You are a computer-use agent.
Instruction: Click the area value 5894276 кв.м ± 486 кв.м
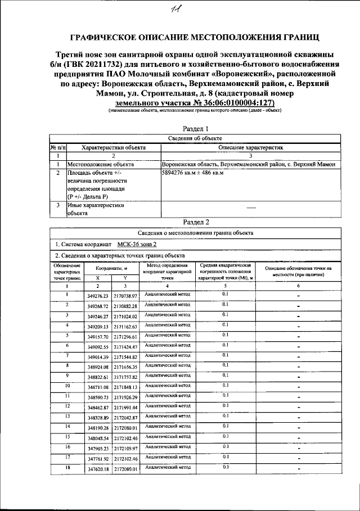click(x=193, y=173)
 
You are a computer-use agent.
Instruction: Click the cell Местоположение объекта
click(x=101, y=165)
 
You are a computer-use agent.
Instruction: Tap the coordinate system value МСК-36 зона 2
click(x=137, y=245)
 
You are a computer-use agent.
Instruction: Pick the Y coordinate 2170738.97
click(x=125, y=296)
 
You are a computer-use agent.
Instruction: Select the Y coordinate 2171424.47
click(x=125, y=347)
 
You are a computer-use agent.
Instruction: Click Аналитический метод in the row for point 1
click(x=168, y=294)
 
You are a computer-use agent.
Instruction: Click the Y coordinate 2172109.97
click(x=125, y=449)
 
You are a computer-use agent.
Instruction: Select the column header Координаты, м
click(x=111, y=269)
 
